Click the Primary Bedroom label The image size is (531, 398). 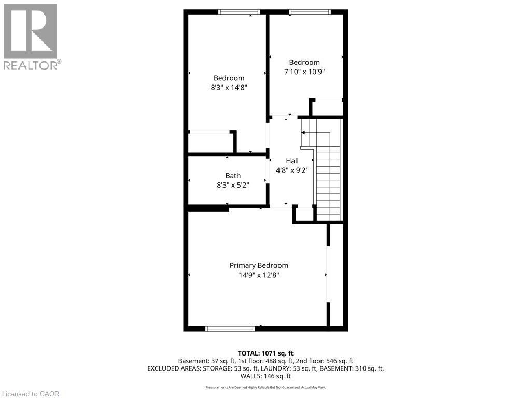pos(259,265)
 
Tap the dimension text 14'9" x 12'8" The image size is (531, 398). pos(259,275)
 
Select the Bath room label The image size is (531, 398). pos(233,176)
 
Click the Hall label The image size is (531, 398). pos(292,161)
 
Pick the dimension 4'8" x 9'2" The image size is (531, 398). pos(292,170)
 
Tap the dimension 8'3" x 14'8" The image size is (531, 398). pos(229,88)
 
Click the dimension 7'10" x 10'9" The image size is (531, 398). pos(304,72)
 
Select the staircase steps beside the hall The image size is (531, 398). pos(328,176)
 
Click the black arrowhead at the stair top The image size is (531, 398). pos(303,133)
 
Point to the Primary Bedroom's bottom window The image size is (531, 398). pos(230,329)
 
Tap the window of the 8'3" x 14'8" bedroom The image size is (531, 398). pos(239,11)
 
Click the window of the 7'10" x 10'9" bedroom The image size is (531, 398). pos(309,11)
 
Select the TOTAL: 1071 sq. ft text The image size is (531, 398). pos(265,353)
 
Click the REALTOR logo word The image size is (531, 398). pos(30,65)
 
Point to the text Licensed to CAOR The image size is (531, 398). pos(30,394)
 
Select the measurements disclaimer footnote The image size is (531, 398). pos(265,387)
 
